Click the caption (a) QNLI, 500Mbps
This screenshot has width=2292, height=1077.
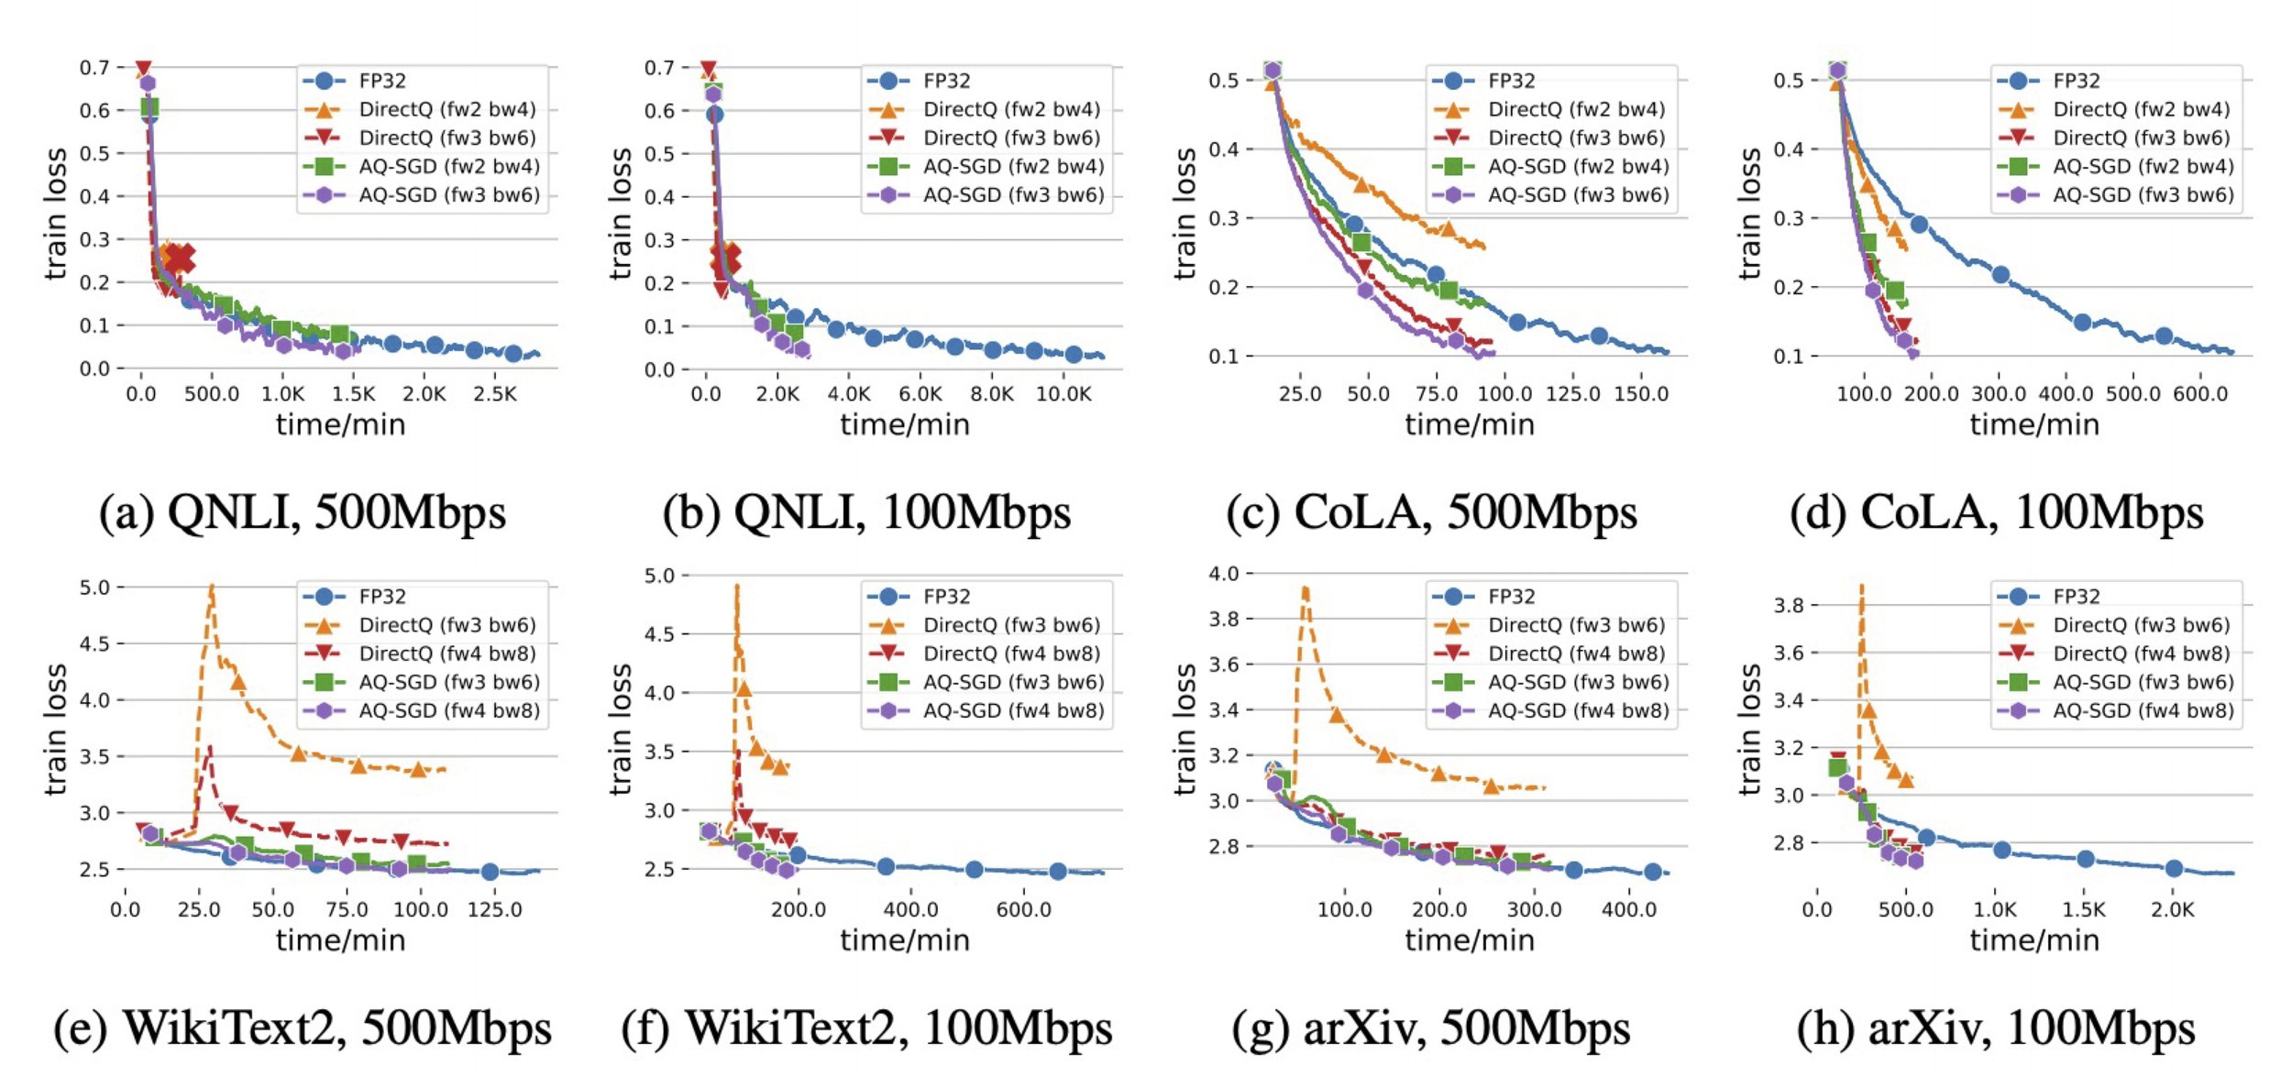[303, 512]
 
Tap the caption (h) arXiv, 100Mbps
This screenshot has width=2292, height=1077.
[1996, 1028]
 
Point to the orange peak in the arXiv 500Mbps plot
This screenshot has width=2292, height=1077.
[1305, 590]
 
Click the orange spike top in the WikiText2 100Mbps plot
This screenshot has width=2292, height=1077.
[736, 587]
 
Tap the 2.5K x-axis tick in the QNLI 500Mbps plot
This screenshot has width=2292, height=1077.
[495, 394]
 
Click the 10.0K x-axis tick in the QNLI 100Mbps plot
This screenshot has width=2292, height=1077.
[1063, 394]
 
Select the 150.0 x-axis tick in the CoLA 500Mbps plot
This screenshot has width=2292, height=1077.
[1641, 394]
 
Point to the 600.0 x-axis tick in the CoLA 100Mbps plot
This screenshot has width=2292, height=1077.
[2200, 394]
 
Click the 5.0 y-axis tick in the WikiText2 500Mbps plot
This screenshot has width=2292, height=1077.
[94, 588]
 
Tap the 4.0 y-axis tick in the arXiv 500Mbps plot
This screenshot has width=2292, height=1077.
[1223, 574]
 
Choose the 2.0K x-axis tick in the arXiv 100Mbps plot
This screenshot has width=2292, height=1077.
[2173, 910]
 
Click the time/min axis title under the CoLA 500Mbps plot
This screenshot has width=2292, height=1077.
[1470, 424]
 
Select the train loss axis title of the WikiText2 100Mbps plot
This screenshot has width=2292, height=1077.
[621, 729]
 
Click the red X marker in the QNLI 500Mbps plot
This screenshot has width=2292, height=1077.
[181, 259]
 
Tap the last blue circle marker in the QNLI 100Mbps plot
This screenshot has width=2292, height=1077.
[1074, 354]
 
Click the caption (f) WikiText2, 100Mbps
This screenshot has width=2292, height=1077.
[866, 1028]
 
